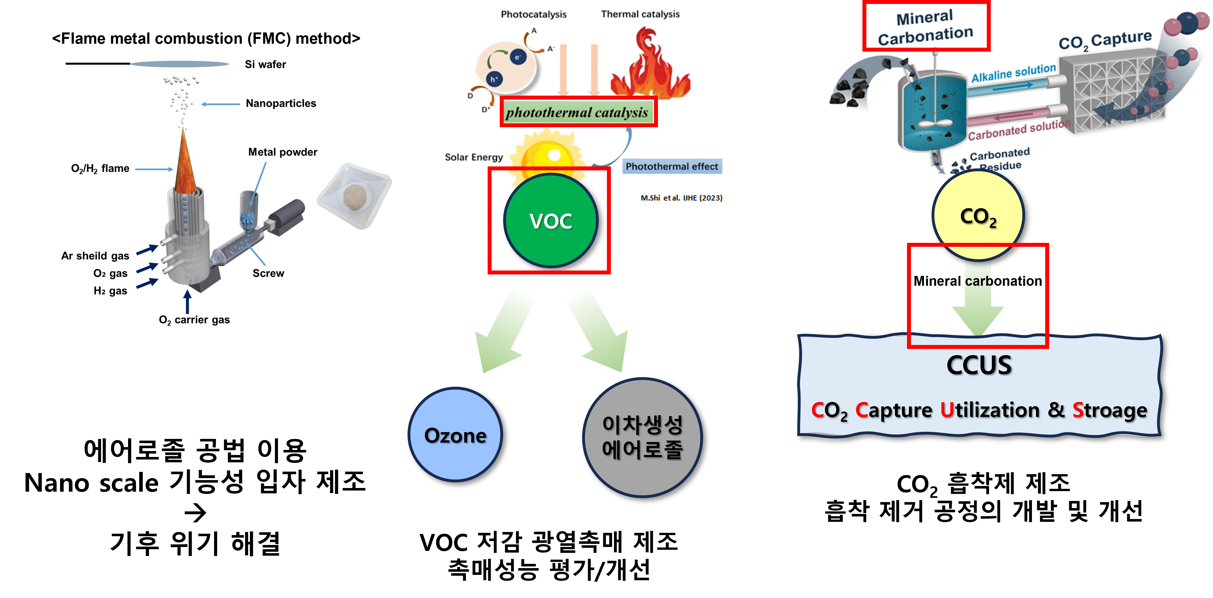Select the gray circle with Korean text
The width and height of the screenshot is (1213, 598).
(x=642, y=437)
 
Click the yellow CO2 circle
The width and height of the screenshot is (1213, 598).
(x=978, y=216)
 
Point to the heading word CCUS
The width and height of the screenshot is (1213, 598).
(x=979, y=365)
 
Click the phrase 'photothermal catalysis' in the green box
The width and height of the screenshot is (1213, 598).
(x=577, y=113)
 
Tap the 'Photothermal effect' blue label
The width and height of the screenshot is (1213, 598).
(x=672, y=166)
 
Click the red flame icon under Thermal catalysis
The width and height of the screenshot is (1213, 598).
(x=650, y=66)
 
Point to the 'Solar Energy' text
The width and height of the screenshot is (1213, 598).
(x=474, y=157)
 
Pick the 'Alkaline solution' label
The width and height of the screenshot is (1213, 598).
(x=1013, y=72)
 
